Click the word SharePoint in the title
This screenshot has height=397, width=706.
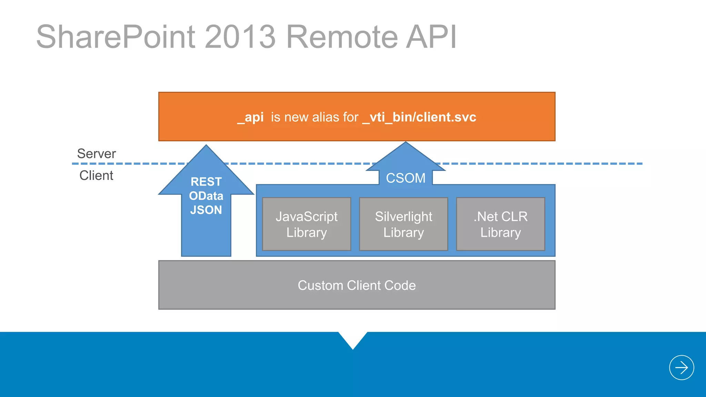click(x=116, y=37)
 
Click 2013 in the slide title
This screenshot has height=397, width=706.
click(x=240, y=37)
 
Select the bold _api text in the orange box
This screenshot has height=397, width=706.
click(x=251, y=118)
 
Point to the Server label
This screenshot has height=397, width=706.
click(x=97, y=154)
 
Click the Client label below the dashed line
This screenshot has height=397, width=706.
click(x=96, y=176)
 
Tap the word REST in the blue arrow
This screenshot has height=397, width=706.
click(x=206, y=182)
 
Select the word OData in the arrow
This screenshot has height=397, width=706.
click(x=206, y=196)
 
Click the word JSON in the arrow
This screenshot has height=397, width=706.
click(x=206, y=210)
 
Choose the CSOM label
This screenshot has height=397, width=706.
click(x=405, y=178)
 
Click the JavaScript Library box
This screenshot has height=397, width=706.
click(x=306, y=224)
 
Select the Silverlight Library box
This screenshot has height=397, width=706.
click(x=403, y=224)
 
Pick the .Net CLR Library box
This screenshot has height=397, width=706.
click(x=501, y=224)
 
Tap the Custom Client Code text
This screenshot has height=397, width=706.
click(x=357, y=286)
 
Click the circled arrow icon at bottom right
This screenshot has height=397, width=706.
click(x=682, y=368)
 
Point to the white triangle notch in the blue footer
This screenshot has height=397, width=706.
click(x=353, y=339)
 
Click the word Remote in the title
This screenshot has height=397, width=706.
click(x=342, y=37)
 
